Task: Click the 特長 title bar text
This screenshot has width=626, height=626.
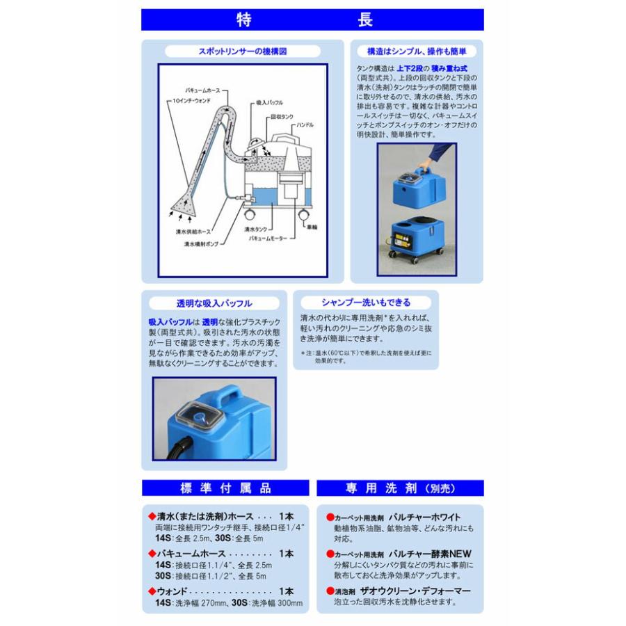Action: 312,19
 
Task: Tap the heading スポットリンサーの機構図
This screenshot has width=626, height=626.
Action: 243,51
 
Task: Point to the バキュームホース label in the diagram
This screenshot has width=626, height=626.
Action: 204,90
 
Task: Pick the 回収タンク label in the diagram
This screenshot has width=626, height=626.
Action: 283,118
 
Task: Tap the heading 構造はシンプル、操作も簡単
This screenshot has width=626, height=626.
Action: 416,51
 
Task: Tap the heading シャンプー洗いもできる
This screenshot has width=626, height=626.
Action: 366,303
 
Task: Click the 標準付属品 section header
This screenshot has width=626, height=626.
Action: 226,488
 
